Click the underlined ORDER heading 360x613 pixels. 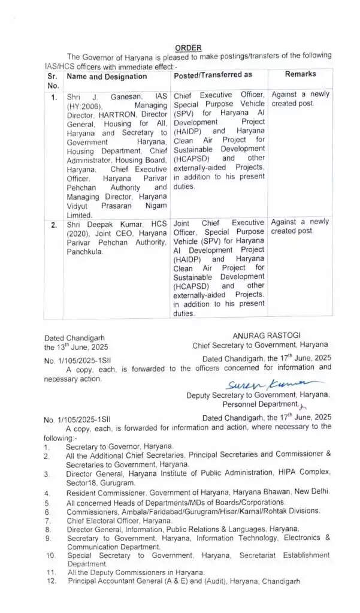188,48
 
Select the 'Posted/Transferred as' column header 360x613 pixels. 213,75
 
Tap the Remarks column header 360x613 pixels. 300,74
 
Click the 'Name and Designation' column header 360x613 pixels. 107,77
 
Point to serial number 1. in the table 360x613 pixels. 54,96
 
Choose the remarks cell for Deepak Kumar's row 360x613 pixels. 300,226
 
